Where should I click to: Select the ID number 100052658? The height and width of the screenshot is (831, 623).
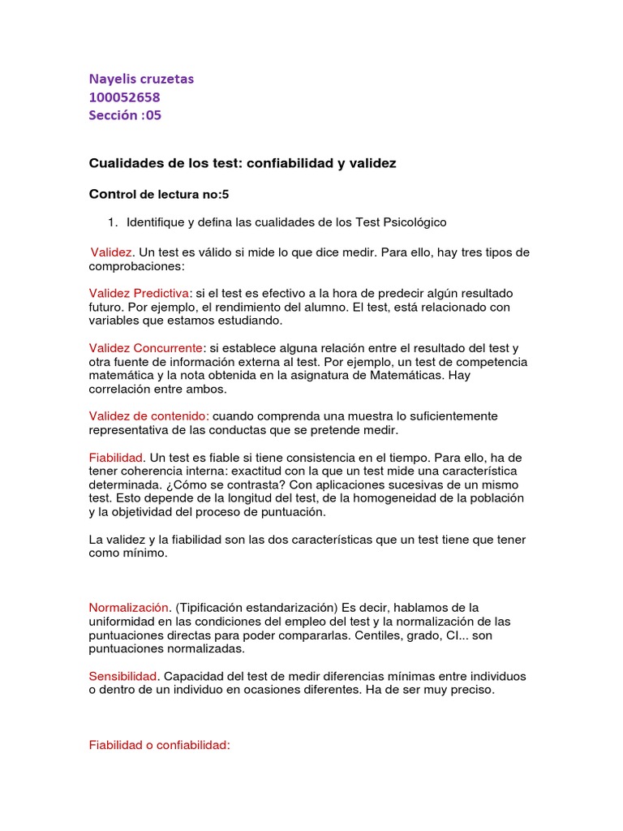point(124,97)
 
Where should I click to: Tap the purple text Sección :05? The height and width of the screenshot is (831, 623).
point(125,115)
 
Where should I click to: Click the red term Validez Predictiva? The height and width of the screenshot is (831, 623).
point(140,292)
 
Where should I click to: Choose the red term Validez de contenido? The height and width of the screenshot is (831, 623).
point(148,415)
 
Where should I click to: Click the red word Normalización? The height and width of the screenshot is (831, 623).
point(129,607)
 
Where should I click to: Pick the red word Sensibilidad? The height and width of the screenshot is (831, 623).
point(123,676)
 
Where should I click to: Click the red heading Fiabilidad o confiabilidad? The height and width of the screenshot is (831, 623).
point(160,744)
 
